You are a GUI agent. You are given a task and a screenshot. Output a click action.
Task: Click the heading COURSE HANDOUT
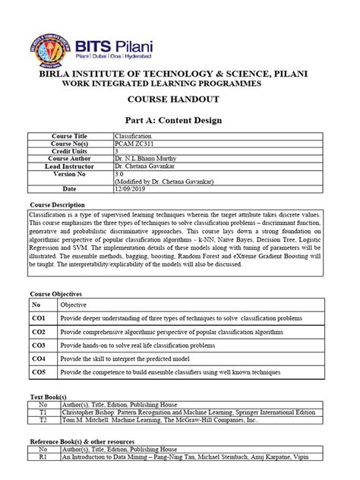(180, 99)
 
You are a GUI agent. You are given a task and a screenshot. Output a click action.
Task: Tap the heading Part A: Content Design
(180, 118)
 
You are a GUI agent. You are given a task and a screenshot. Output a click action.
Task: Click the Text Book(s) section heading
(49, 397)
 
